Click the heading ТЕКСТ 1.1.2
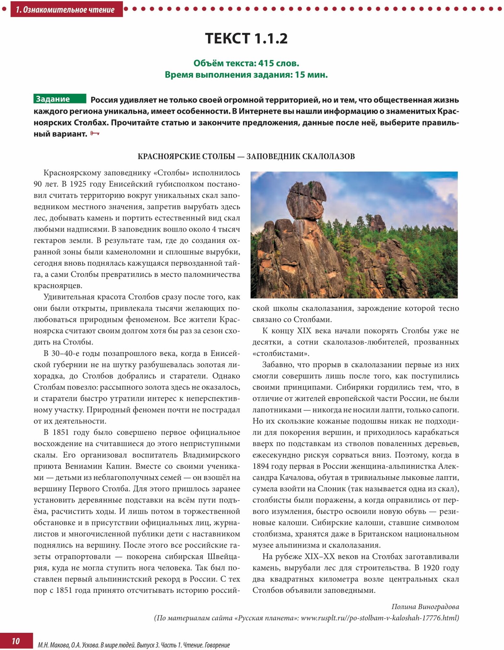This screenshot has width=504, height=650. pos(246,38)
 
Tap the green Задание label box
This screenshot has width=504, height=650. pos(60,99)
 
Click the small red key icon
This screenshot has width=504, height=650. pos(95,134)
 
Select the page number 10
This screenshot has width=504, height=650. pos(16,641)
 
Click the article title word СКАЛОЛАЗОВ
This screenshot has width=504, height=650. pos(328,156)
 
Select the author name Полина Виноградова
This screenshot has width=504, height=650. pos(425,606)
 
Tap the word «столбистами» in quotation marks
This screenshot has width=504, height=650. pos(281,353)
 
